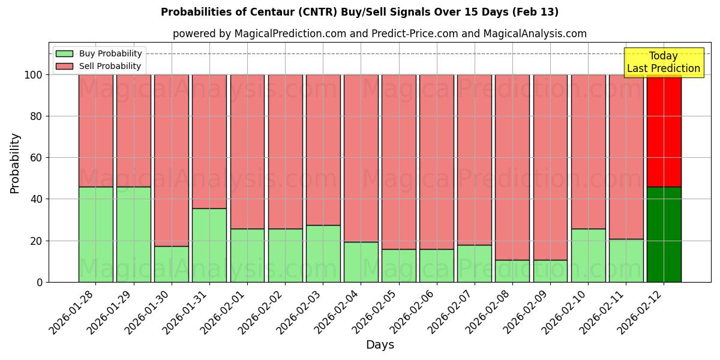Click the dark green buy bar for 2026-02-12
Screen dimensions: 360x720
pos(664,235)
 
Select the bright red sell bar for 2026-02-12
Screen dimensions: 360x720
pos(664,131)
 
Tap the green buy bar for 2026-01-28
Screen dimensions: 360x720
pos(95,235)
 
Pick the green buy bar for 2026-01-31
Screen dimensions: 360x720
pos(209,245)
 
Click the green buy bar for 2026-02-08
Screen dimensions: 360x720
pos(512,271)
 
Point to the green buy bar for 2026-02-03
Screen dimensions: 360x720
pos(323,254)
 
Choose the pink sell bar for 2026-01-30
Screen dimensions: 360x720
pos(172,160)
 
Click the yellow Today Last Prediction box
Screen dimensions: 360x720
pos(664,62)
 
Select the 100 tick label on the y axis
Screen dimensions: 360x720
pos(32,75)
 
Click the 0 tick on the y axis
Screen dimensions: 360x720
pos(40,282)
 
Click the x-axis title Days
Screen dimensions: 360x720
pos(380,345)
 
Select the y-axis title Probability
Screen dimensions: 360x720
pos(15,163)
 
